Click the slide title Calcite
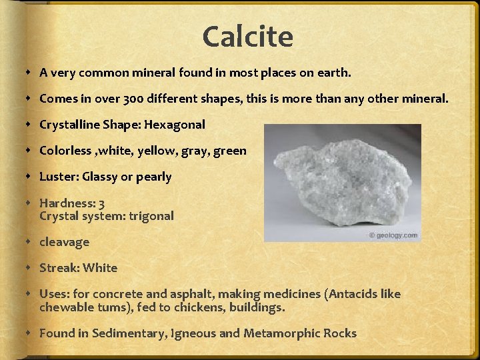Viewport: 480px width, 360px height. pyautogui.click(x=247, y=37)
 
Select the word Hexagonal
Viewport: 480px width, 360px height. pyautogui.click(x=174, y=125)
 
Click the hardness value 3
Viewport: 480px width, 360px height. pyautogui.click(x=101, y=203)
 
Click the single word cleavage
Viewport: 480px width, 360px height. pyautogui.click(x=64, y=242)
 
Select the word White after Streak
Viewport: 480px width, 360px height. pyautogui.click(x=100, y=268)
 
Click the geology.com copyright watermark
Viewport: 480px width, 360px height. pyautogui.click(x=393, y=235)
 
